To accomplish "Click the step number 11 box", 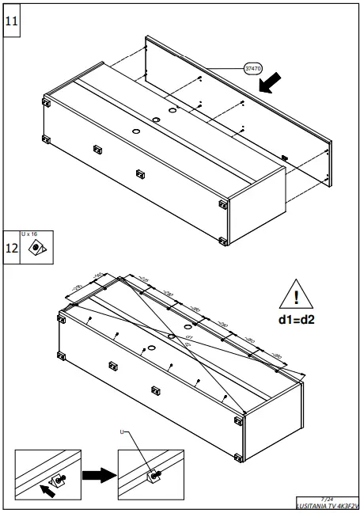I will pos(12,21).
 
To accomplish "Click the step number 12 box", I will pos(12,248).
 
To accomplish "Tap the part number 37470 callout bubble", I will pos(254,69).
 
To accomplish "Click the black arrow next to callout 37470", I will pos(272,80).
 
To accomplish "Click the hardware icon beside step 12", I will pos(36,249).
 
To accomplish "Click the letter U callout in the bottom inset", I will pos(122,432).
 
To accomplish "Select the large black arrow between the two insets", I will pos(98,475).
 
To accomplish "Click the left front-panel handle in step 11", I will pos(98,148).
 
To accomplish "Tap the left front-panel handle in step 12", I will pos(112,363).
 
